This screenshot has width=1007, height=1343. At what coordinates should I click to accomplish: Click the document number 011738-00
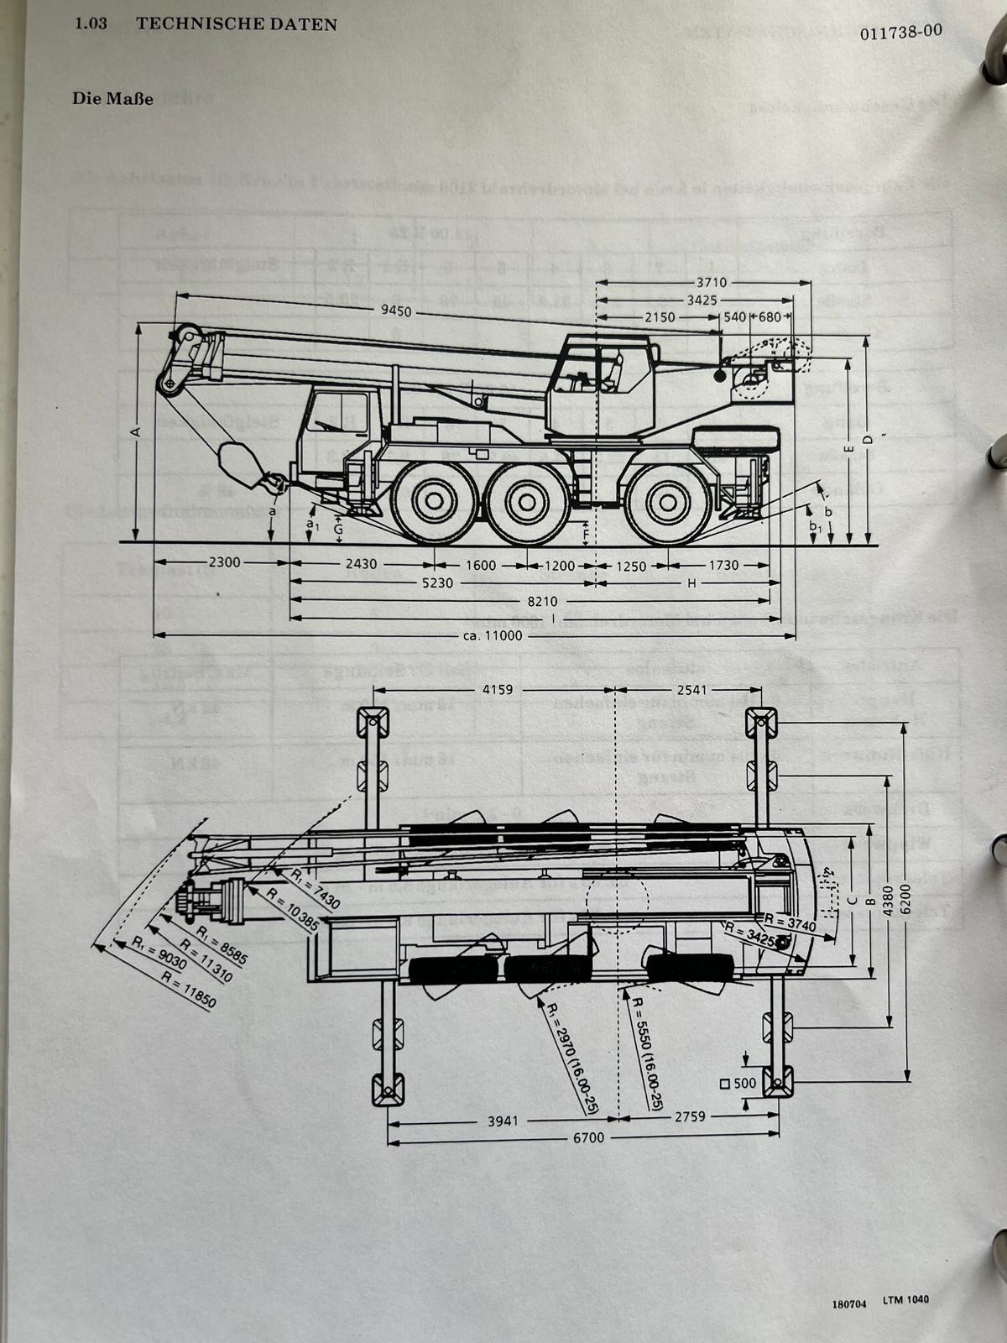900,32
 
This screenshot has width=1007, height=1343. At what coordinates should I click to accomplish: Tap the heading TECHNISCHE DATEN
236,24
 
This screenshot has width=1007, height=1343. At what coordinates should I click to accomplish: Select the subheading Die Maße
112,98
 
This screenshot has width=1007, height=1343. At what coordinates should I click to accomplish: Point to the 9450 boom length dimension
396,311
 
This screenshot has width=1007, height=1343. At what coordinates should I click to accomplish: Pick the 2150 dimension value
660,317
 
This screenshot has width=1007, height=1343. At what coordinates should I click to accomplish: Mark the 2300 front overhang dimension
223,563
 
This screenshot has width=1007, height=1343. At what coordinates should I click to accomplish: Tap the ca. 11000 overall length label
493,635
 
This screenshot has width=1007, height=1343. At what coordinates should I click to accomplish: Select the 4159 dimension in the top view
498,690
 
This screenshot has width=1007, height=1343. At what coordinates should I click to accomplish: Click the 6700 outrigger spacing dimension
587,1137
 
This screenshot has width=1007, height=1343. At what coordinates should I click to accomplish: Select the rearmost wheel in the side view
669,502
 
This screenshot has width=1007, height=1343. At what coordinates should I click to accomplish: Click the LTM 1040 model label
905,1300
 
